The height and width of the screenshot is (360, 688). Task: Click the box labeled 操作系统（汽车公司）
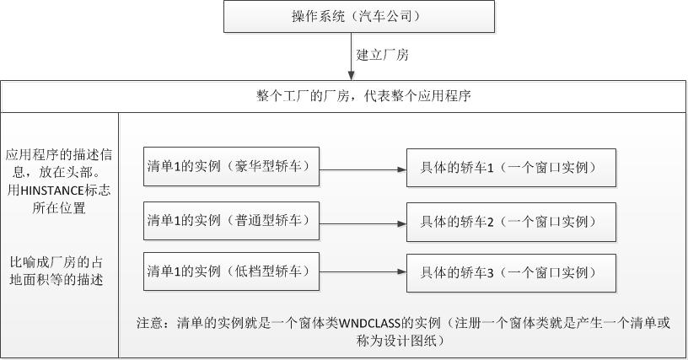359,16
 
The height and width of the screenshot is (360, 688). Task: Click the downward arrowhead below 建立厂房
352,75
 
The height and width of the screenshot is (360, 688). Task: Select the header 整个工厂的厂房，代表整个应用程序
363,96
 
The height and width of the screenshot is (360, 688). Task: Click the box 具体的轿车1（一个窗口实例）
511,168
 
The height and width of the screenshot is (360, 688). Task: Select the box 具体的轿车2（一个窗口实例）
511,222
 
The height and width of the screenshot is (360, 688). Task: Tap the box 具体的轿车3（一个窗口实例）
511,272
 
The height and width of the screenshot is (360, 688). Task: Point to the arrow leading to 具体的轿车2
363,223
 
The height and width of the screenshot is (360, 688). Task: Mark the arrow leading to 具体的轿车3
363,272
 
